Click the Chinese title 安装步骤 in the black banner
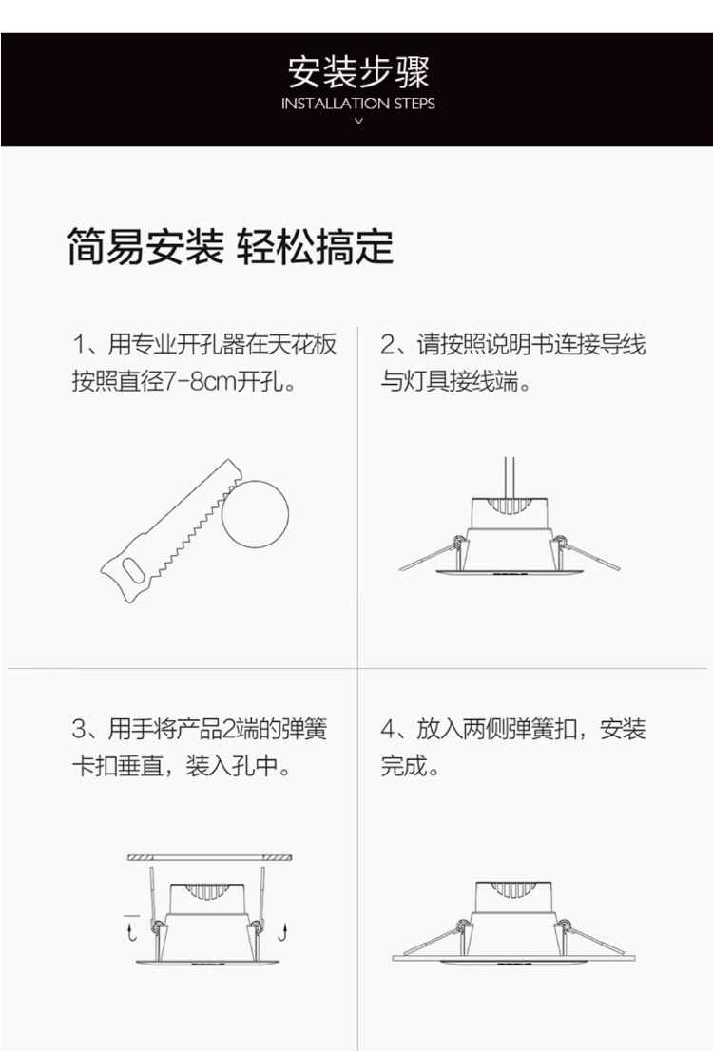[358, 71]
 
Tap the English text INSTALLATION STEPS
[358, 104]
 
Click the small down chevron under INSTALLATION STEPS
[358, 122]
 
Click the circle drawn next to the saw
[255, 513]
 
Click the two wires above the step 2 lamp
[510, 478]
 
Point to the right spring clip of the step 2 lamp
[586, 553]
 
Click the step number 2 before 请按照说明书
[388, 345]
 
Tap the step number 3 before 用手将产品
[79, 729]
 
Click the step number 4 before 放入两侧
[389, 729]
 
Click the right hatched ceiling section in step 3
[277, 858]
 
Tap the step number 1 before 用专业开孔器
[79, 345]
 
